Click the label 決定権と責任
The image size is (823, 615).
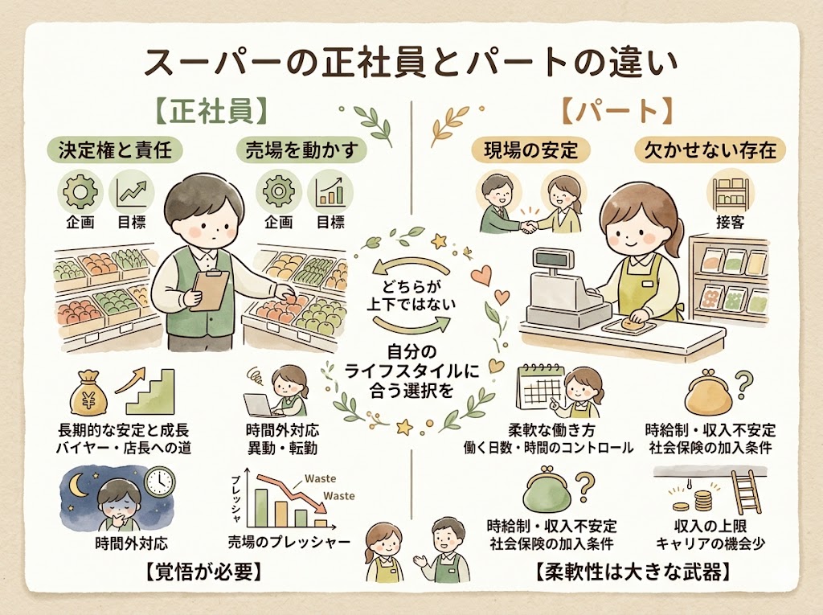point(115,150)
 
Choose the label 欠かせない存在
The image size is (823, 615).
point(710,150)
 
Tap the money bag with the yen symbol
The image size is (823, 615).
point(88,397)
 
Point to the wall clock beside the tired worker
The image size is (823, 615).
point(159,481)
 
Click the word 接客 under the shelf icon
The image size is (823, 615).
point(730,222)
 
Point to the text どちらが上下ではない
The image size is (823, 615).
point(412,296)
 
